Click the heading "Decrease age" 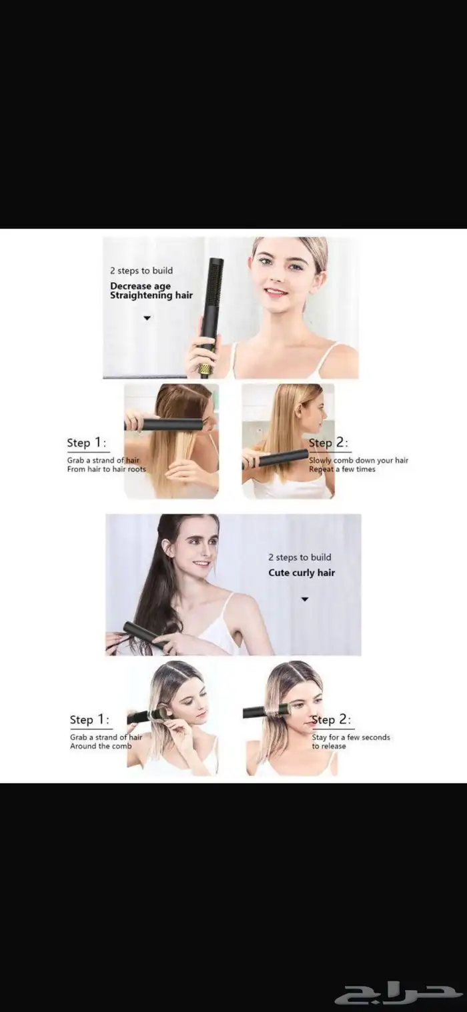(140, 286)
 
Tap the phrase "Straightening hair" (151, 295)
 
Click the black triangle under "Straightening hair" (147, 318)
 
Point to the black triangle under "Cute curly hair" (305, 599)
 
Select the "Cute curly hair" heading (302, 573)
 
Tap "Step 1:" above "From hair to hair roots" (87, 443)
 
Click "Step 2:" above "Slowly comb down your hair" (329, 443)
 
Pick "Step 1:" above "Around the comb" (89, 720)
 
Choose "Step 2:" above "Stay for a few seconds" (332, 720)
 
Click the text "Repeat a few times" (342, 469)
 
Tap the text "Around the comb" (101, 746)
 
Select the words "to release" (329, 746)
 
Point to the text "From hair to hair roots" (107, 469)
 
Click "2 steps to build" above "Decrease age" (141, 271)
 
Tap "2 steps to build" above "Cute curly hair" (300, 557)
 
